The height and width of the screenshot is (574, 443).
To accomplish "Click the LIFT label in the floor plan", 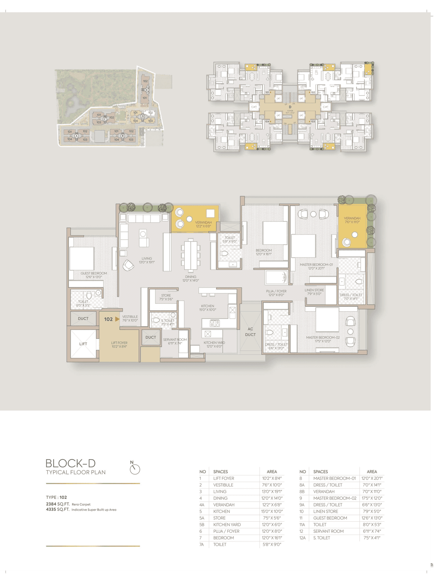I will click(x=83, y=344).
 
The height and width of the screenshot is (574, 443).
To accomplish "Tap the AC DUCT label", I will click(x=250, y=332).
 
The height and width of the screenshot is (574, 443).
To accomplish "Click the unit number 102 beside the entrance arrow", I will click(x=108, y=319).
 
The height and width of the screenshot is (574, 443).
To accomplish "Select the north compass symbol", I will click(x=134, y=468).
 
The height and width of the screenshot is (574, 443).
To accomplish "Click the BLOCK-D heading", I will click(x=71, y=463).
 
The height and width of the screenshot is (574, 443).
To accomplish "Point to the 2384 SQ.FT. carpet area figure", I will click(x=57, y=504).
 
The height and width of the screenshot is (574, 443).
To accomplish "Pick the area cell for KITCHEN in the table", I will click(x=272, y=511).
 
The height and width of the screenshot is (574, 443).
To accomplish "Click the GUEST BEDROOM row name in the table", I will click(x=330, y=518).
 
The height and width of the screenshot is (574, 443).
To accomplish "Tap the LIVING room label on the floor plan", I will click(x=147, y=258).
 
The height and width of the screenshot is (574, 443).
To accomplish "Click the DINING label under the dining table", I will click(x=191, y=277).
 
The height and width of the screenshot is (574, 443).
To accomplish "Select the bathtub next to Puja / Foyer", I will click(x=276, y=277).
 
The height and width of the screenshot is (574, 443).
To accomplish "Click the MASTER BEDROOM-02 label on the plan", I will click(x=323, y=337).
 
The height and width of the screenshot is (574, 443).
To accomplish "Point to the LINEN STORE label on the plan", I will click(x=314, y=290).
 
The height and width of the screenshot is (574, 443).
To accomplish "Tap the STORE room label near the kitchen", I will click(x=166, y=295).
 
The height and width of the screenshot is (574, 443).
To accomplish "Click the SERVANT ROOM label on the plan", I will click(x=175, y=339).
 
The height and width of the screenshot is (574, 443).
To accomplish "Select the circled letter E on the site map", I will click(x=147, y=90).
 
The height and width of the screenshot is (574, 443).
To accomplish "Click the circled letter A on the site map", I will click(x=76, y=136).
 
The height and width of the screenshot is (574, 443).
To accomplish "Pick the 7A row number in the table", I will click(x=201, y=545).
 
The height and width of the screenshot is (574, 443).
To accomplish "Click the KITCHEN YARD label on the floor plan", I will click(x=214, y=343).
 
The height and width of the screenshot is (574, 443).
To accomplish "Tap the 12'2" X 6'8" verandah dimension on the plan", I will click(x=203, y=226).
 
